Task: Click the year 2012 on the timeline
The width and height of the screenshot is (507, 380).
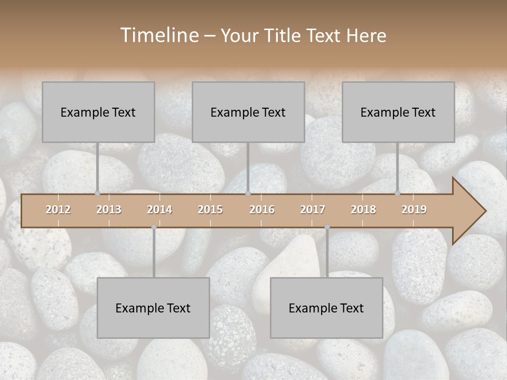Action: pyautogui.click(x=58, y=210)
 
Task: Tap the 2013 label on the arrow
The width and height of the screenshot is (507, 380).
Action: pyautogui.click(x=109, y=210)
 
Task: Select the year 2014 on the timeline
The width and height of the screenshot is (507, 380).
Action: pyautogui.click(x=159, y=210)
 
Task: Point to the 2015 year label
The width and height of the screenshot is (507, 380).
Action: pyautogui.click(x=210, y=210)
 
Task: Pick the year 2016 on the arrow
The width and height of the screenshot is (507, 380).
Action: pyautogui.click(x=262, y=210)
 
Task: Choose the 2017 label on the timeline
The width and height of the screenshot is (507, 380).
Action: pyautogui.click(x=313, y=210)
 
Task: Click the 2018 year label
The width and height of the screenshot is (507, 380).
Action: pyautogui.click(x=363, y=210)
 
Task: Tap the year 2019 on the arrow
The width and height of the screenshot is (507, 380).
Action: pyautogui.click(x=414, y=210)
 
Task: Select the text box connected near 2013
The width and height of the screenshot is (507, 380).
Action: pyautogui.click(x=98, y=112)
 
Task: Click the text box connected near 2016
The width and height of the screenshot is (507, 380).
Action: pyautogui.click(x=248, y=112)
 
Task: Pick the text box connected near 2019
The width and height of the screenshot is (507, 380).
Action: pyautogui.click(x=398, y=112)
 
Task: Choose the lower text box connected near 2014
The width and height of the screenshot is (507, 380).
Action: pyautogui.click(x=153, y=308)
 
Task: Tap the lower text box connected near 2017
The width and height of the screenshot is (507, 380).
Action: pyautogui.click(x=326, y=308)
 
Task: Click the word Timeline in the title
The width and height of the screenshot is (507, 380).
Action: pyautogui.click(x=159, y=35)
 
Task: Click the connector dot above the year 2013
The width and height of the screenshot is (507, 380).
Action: pyautogui.click(x=97, y=193)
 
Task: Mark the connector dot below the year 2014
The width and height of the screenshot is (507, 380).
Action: pyautogui.click(x=154, y=227)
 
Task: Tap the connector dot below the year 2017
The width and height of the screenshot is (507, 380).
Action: pyautogui.click(x=327, y=227)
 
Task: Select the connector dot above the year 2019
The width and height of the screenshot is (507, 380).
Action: pyautogui.click(x=398, y=193)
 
